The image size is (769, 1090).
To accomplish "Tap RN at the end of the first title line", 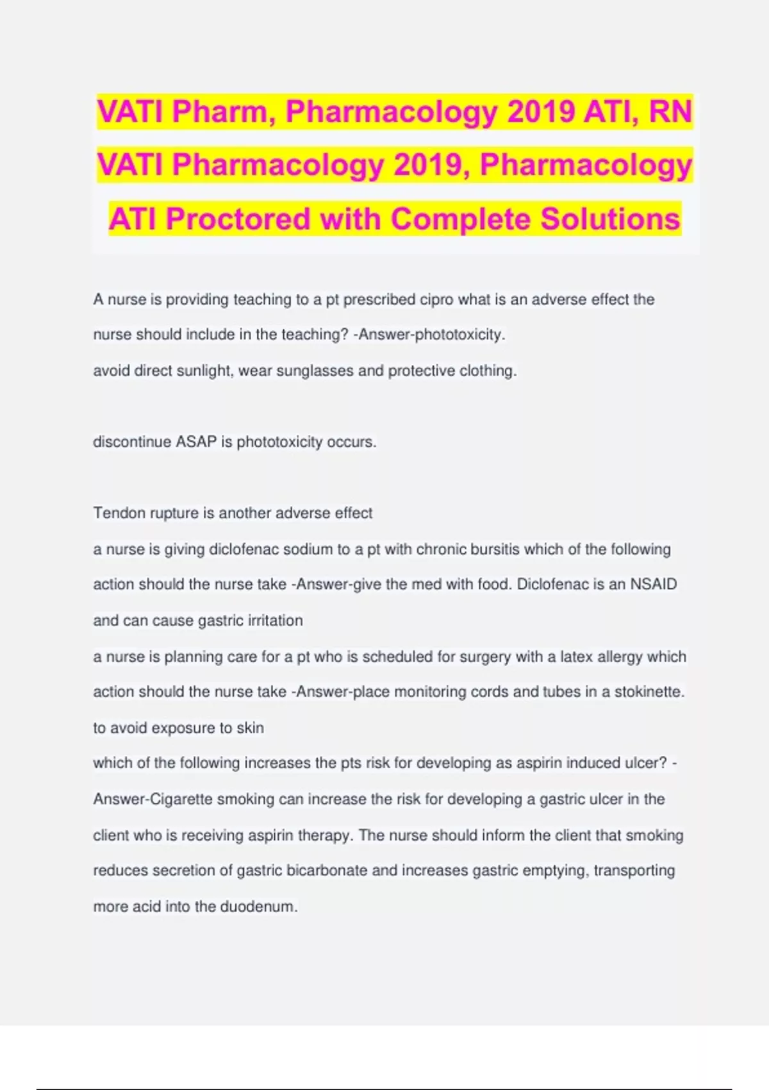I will click(x=670, y=112).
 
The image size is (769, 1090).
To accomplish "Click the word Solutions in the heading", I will click(x=610, y=219).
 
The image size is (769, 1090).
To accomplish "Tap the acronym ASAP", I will click(x=196, y=442).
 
